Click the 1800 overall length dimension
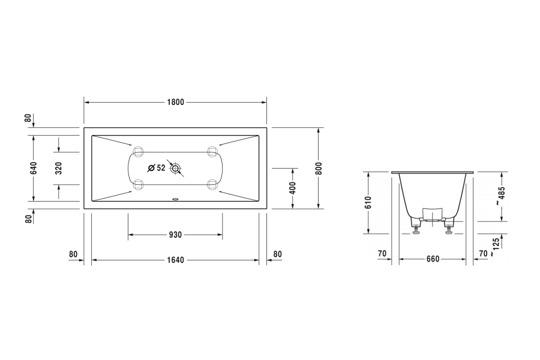[175, 102]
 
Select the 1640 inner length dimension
[175, 260]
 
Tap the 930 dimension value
[175, 235]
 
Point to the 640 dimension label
[34, 168]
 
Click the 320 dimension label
[58, 168]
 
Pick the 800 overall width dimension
[319, 168]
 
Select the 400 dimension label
[293, 188]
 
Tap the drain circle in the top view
[176, 169]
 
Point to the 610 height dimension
[368, 203]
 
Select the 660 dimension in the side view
[433, 259]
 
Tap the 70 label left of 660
[382, 254]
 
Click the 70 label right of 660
[483, 254]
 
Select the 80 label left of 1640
[73, 254]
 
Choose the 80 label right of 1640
[277, 254]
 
